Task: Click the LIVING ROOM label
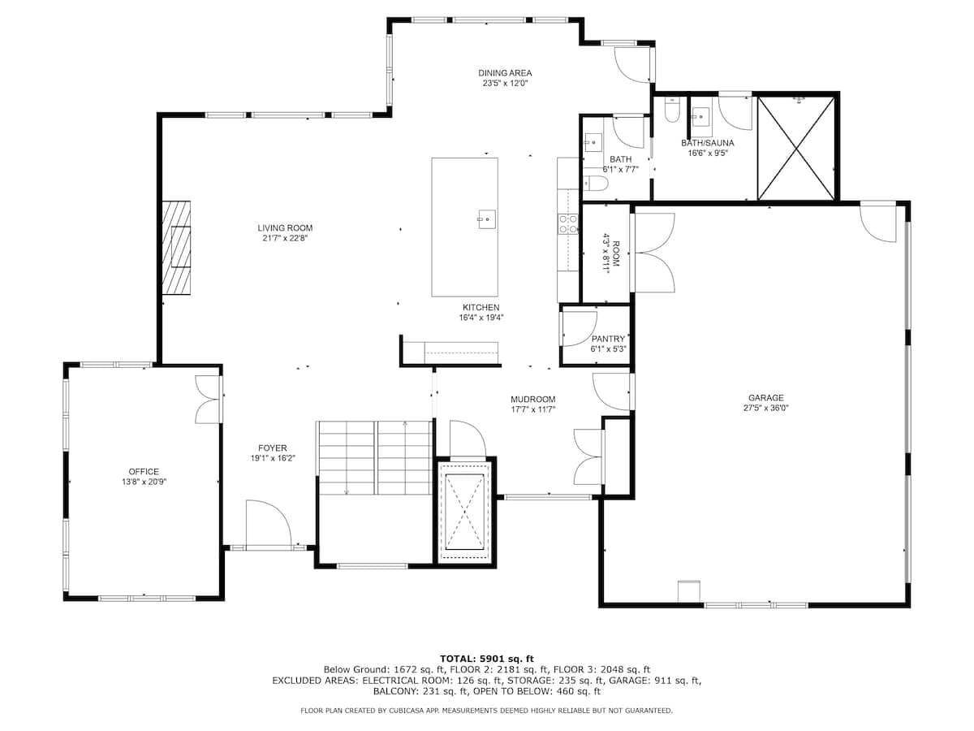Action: [285, 228]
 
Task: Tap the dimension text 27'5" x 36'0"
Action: [766, 409]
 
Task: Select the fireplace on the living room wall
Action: [176, 247]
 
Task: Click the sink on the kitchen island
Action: [487, 218]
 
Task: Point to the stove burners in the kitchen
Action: [567, 224]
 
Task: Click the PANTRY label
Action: [608, 339]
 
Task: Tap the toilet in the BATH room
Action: [593, 183]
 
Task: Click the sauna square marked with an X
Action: [795, 147]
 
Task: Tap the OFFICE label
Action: [144, 472]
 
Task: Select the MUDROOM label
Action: [532, 399]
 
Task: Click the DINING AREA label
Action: [505, 73]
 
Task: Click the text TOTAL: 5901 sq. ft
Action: [486, 658]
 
